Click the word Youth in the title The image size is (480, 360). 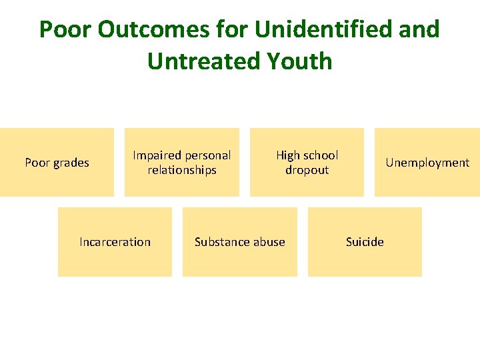click(x=298, y=61)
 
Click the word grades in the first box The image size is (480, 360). click(x=71, y=163)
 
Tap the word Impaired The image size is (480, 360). click(x=156, y=155)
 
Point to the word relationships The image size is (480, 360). click(x=182, y=170)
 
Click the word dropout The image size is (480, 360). click(x=307, y=170)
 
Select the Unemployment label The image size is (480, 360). click(x=427, y=163)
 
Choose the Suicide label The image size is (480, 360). click(x=365, y=242)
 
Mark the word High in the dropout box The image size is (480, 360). click(x=288, y=155)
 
